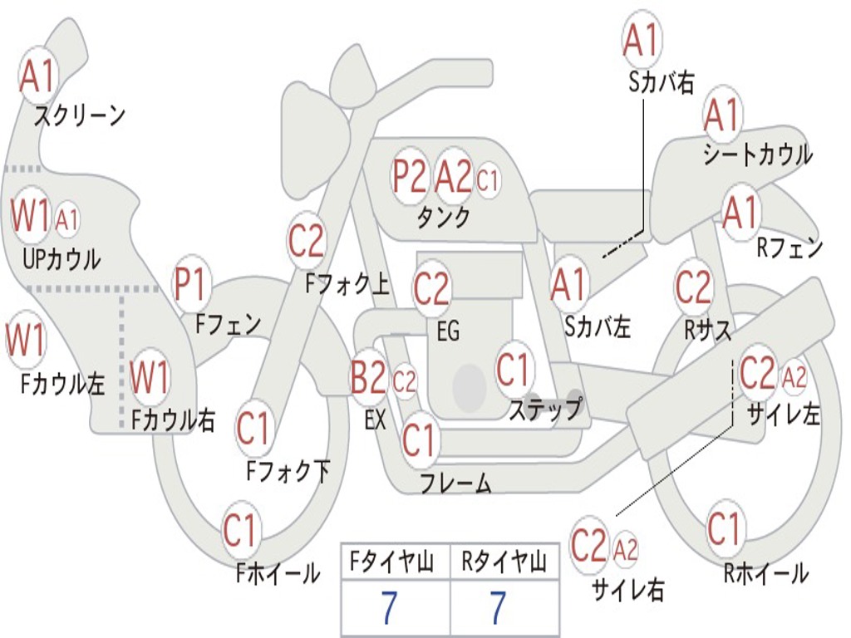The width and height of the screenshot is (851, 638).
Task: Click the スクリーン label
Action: click(x=80, y=115)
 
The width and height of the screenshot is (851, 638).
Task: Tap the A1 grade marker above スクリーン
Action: click(x=37, y=76)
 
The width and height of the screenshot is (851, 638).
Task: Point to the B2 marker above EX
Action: click(x=368, y=378)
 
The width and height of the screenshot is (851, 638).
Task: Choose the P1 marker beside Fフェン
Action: click(x=190, y=284)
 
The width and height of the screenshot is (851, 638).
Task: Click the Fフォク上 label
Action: click(x=347, y=283)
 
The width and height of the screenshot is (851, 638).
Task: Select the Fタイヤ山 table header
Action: click(x=392, y=562)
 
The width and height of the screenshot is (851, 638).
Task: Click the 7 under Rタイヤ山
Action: click(x=499, y=607)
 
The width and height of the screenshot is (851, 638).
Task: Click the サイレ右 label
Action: click(x=628, y=589)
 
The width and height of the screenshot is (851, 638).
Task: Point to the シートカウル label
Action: click(x=758, y=155)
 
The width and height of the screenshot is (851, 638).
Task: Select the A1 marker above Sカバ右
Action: click(x=642, y=40)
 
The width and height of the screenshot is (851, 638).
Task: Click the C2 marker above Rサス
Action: click(x=692, y=287)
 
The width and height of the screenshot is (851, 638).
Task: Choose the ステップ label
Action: click(x=545, y=409)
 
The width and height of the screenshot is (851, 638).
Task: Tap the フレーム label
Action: click(x=456, y=483)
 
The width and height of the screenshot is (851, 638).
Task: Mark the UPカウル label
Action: click(x=61, y=259)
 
